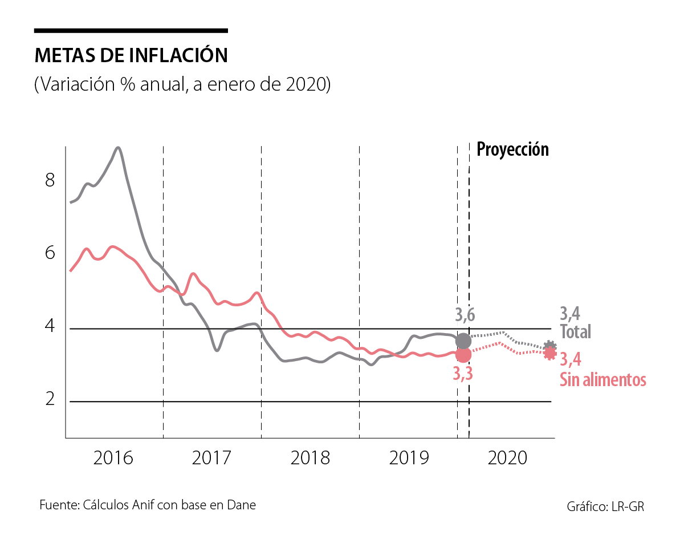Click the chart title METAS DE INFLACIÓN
tap(131, 55)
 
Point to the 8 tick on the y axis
tap(50, 181)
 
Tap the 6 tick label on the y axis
tap(50, 253)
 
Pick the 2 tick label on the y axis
tap(50, 399)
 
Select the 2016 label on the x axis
tap(113, 457)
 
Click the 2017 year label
tap(211, 457)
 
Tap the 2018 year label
tap(310, 457)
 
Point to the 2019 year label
tap(408, 457)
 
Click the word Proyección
tap(512, 149)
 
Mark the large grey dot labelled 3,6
tap(463, 341)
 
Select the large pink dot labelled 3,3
tap(463, 355)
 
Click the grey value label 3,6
tap(465, 314)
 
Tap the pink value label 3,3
tap(463, 374)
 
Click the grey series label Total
tap(575, 331)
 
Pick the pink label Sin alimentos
tap(603, 380)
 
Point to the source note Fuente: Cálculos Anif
tap(148, 505)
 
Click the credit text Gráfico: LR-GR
tap(605, 506)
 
